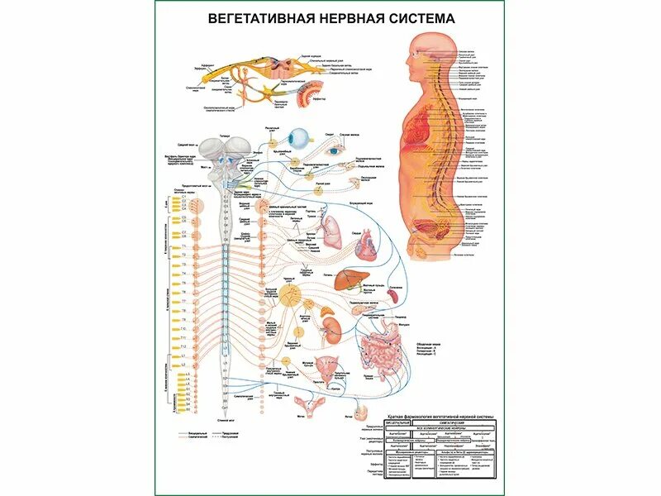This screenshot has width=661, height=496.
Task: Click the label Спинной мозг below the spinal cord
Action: (225, 421)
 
